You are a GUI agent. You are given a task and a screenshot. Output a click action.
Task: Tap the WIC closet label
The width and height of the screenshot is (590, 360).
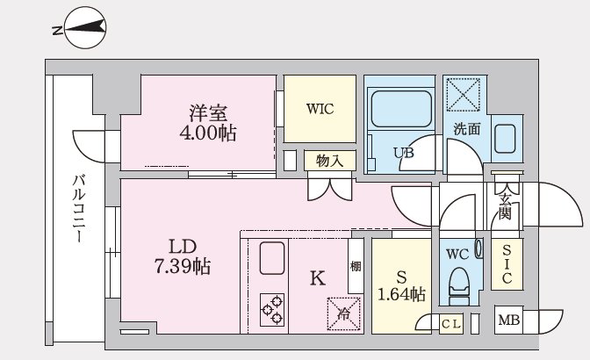click(x=320, y=109)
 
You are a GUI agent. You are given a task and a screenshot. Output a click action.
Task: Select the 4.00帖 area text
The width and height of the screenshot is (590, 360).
click(x=208, y=133)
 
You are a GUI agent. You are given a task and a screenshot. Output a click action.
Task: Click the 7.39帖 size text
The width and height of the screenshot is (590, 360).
click(x=183, y=266)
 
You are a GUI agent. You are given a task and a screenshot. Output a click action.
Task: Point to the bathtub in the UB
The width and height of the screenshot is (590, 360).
click(x=401, y=109)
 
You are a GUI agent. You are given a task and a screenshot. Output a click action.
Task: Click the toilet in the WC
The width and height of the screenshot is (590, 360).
click(x=460, y=284)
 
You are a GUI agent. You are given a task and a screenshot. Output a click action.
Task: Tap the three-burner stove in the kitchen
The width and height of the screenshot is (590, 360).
click(x=272, y=310)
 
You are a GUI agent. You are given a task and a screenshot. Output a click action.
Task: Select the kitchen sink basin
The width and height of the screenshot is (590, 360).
click(x=272, y=258)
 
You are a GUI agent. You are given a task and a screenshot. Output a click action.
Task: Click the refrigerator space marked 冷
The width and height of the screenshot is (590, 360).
click(x=343, y=313)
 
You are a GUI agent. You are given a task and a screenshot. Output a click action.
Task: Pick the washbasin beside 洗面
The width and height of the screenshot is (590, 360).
click(x=505, y=139)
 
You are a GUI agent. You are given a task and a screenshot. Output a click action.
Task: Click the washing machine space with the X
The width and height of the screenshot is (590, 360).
click(x=464, y=95)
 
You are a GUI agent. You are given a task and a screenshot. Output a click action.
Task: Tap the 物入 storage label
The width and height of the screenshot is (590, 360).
click(x=329, y=161)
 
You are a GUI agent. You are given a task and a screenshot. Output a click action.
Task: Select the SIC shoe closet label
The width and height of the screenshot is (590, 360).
click(x=507, y=263)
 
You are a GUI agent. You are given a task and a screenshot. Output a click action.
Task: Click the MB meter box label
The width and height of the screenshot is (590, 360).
click(x=508, y=320)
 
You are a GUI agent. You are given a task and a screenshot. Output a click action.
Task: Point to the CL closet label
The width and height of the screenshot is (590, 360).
click(x=450, y=324)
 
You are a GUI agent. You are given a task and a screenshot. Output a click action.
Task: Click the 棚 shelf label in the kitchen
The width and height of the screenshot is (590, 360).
click(x=356, y=266)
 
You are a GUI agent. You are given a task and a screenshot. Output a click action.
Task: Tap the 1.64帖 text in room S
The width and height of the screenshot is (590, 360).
click(x=401, y=294)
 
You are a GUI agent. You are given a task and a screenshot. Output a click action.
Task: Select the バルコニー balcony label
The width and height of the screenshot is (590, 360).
click(x=79, y=208)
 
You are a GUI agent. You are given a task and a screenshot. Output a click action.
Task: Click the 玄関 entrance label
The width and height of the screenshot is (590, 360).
click(x=505, y=206)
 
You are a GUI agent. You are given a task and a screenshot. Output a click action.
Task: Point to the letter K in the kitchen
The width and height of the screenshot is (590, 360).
click(x=318, y=278)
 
